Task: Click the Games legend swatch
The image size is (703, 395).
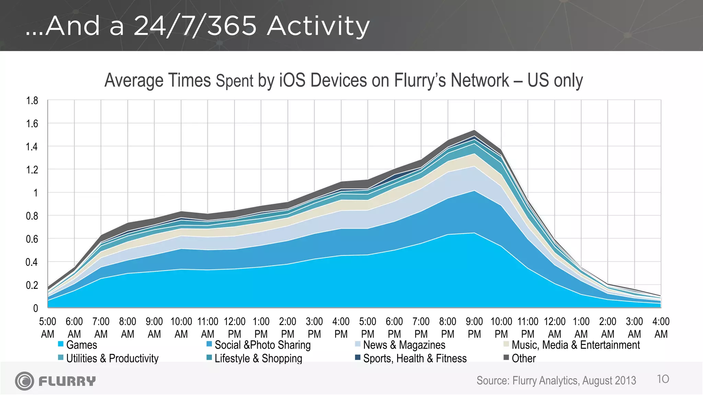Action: click(x=61, y=344)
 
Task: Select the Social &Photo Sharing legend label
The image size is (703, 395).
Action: click(x=262, y=345)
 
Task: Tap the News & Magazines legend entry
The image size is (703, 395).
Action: click(x=404, y=345)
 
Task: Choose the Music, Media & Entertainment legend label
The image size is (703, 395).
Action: click(x=576, y=345)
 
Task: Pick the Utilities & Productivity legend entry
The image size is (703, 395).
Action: click(x=112, y=358)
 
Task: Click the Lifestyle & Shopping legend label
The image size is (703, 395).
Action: click(x=258, y=358)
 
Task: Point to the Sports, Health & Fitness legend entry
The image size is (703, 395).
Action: click(x=415, y=358)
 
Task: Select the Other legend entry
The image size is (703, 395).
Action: click(x=523, y=358)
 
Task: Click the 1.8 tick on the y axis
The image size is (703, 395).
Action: click(x=32, y=101)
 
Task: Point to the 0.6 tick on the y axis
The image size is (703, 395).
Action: click(x=32, y=239)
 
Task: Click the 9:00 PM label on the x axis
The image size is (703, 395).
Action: click(x=474, y=327)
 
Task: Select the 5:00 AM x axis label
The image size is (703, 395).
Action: click(x=48, y=327)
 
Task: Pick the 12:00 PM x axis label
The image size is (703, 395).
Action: click(x=234, y=327)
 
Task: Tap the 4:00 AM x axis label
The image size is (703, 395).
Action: click(x=661, y=327)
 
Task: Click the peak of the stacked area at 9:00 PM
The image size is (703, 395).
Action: click(x=474, y=131)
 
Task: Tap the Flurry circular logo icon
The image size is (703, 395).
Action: click(x=24, y=381)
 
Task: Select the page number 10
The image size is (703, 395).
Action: click(x=663, y=379)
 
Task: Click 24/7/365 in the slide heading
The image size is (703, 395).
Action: click(x=195, y=26)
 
